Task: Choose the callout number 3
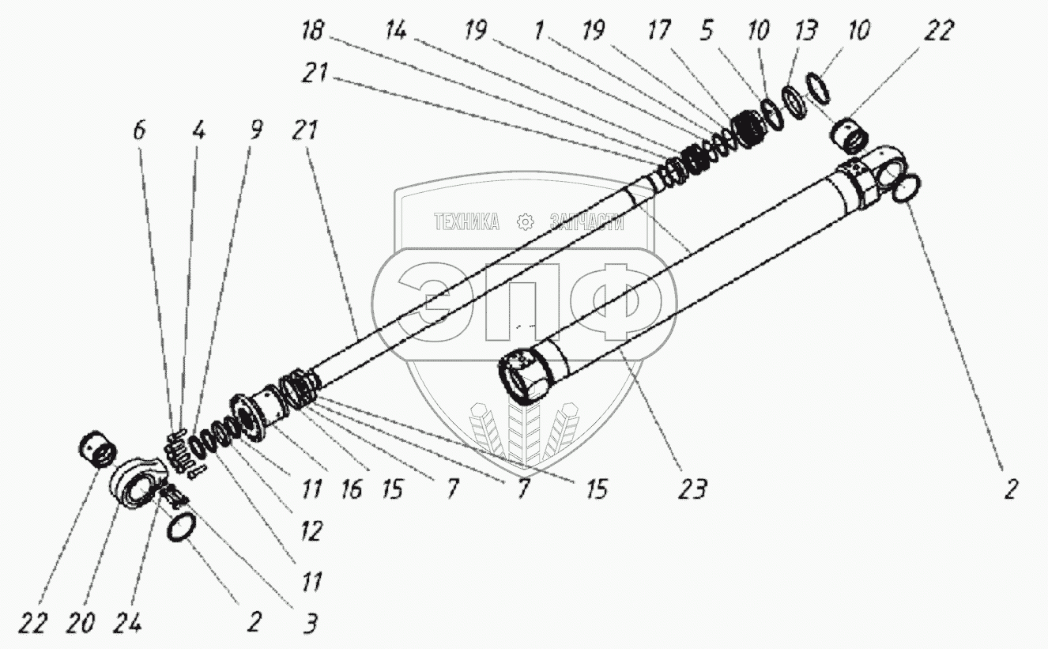click(311, 624)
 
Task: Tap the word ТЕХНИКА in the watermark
click(466, 222)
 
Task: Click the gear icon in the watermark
click(524, 222)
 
